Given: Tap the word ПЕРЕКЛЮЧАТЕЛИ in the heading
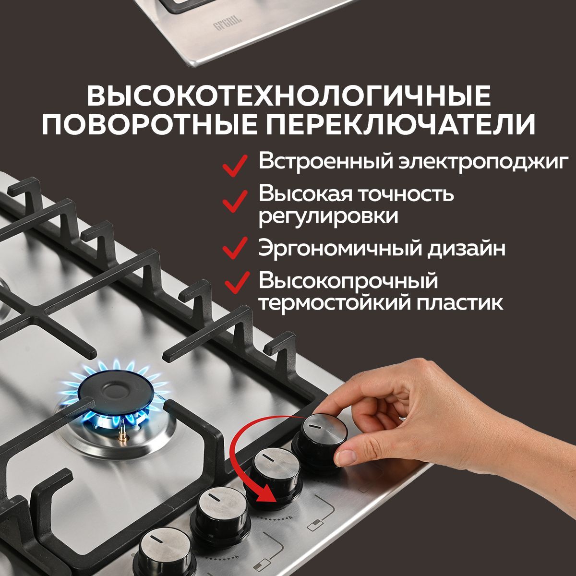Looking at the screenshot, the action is (x=400, y=124).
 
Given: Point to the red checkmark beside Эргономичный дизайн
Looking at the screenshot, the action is (x=235, y=248).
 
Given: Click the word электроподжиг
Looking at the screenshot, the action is (x=484, y=162).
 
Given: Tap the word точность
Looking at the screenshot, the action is (x=406, y=194).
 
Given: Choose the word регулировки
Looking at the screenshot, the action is (x=328, y=216).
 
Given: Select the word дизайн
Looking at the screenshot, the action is (x=466, y=248).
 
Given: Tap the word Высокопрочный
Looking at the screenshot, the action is (x=348, y=281).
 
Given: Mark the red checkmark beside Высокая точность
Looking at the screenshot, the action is (x=235, y=201).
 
